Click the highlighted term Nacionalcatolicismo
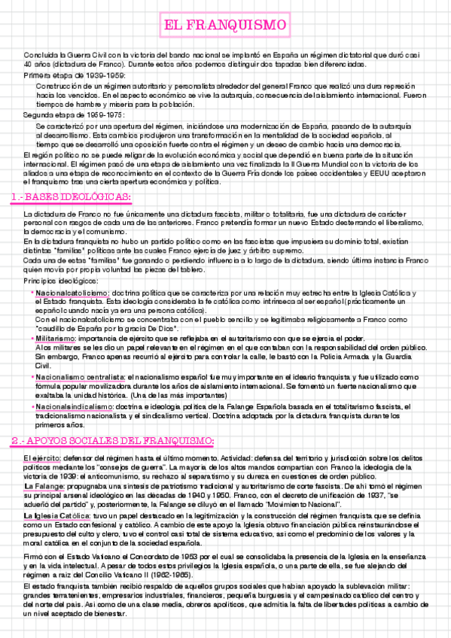tap(72, 293)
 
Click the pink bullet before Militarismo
tap(32, 339)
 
